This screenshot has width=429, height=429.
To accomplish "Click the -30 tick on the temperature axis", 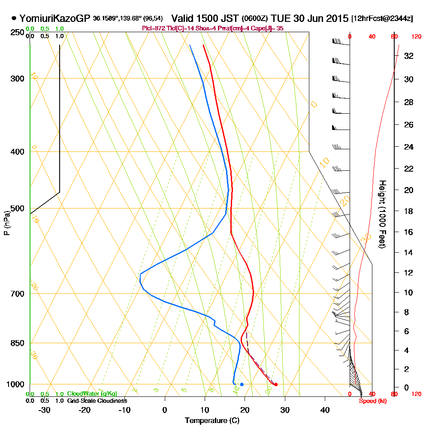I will (45, 410).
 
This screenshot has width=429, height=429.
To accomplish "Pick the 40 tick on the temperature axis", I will (325, 410).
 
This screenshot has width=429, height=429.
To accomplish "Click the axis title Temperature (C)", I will (212, 421).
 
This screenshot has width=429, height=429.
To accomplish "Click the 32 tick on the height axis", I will (408, 55).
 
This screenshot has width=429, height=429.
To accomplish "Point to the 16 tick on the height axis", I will (408, 232).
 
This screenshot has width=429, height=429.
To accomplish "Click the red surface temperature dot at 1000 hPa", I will (275, 384).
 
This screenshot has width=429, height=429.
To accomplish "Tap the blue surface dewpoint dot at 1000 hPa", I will (242, 384).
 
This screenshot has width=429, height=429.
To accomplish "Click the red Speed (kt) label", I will (369, 401).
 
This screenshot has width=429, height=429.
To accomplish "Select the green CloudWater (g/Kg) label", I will (92, 394).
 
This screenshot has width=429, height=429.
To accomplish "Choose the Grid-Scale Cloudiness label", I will (97, 401).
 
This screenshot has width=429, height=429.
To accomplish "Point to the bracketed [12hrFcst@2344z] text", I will (382, 19).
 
